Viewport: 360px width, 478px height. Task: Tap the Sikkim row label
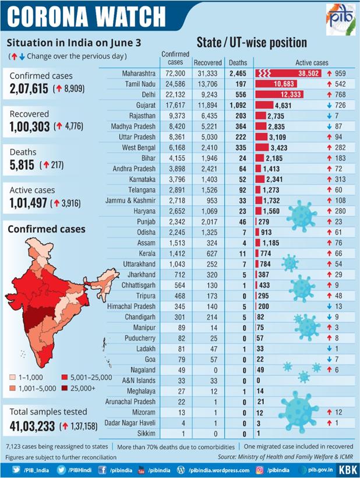146,433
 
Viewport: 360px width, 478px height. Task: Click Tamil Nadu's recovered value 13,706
207,85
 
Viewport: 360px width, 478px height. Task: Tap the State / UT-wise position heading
252,43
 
